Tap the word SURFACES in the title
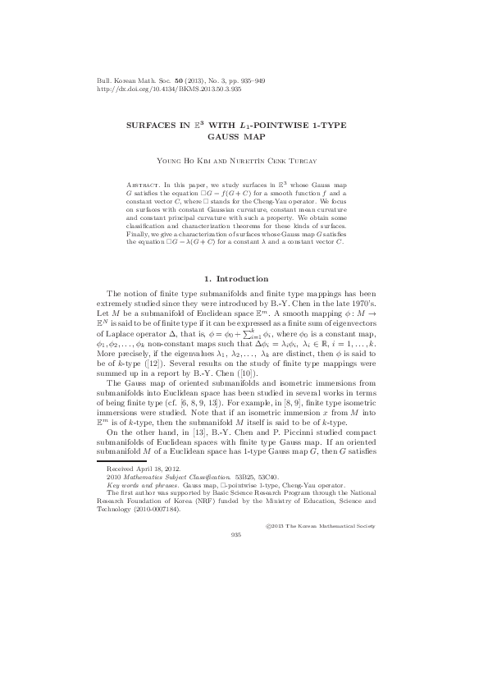[x=153, y=130]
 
